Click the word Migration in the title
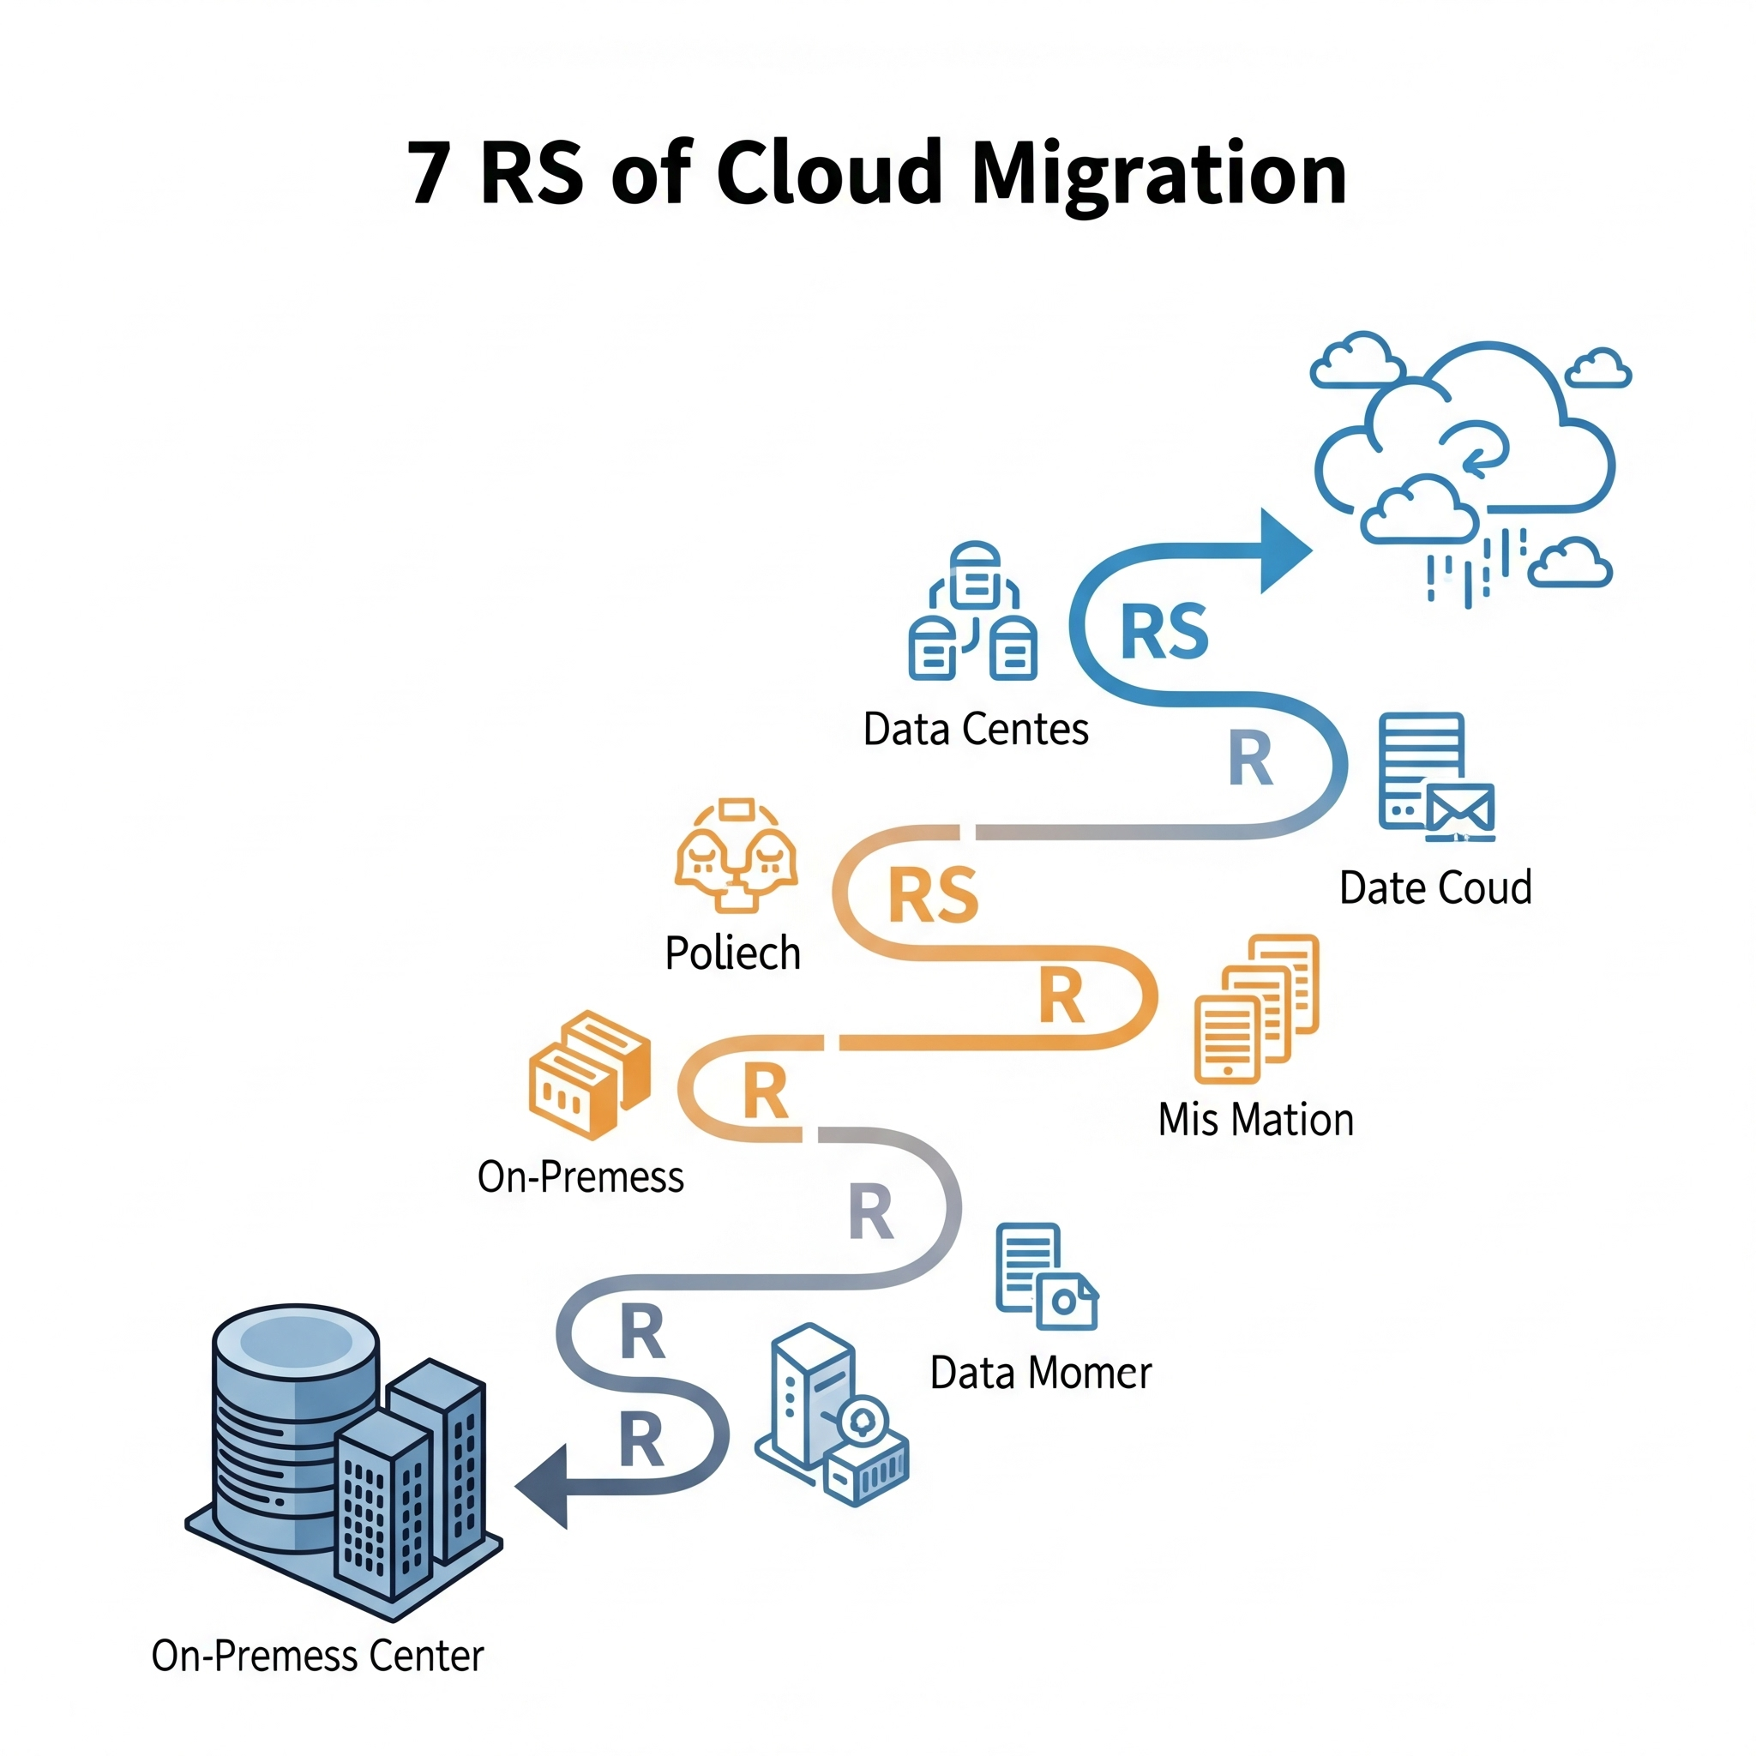pos(1159,175)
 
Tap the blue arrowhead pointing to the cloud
pos(1284,550)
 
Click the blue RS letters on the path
pos(1164,632)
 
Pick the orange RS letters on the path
pos(933,895)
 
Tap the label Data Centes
pos(975,729)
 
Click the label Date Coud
pos(1435,888)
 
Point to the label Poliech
pos(732,953)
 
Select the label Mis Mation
pos(1255,1120)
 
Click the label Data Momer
pos(1041,1374)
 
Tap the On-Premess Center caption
pos(317,1656)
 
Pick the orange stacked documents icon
pos(1256,1008)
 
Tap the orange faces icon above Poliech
pos(737,854)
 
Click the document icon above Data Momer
pos(1045,1276)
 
